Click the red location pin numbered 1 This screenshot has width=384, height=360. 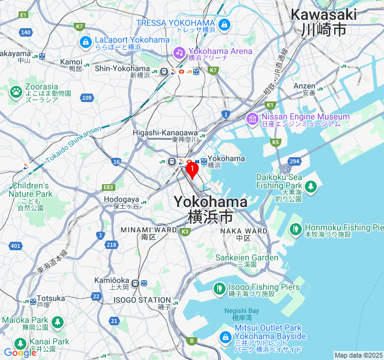(x=191, y=170)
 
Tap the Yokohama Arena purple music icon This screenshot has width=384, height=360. (x=179, y=52)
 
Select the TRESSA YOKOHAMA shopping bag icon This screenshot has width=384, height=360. (x=224, y=25)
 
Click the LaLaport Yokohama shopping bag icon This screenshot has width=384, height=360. (x=85, y=42)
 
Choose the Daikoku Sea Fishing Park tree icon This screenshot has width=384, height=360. (x=310, y=187)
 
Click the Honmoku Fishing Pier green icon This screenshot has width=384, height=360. (x=295, y=229)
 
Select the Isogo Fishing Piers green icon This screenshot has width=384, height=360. (x=218, y=289)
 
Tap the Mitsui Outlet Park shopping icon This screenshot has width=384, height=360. (x=227, y=337)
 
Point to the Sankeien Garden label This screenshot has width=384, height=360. (x=247, y=257)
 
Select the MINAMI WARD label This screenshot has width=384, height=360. (x=148, y=230)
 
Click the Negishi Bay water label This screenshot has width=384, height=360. (x=242, y=310)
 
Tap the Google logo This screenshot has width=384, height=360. (x=20, y=353)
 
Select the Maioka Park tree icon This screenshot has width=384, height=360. (x=57, y=322)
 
